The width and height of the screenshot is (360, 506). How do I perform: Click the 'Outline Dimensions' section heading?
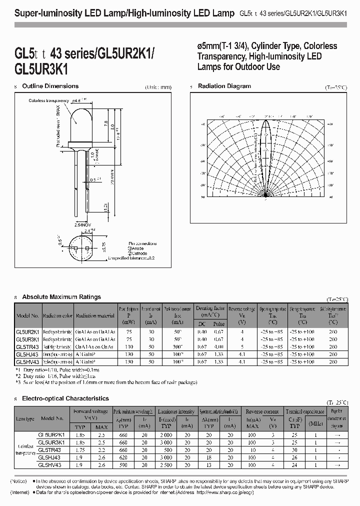(x=50, y=86)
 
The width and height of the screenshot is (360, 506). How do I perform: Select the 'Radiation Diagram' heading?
(x=224, y=86)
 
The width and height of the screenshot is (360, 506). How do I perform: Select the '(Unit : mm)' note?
(x=159, y=87)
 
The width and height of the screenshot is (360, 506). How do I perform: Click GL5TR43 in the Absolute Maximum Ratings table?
(x=27, y=346)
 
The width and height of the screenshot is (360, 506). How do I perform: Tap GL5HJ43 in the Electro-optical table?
(x=49, y=457)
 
